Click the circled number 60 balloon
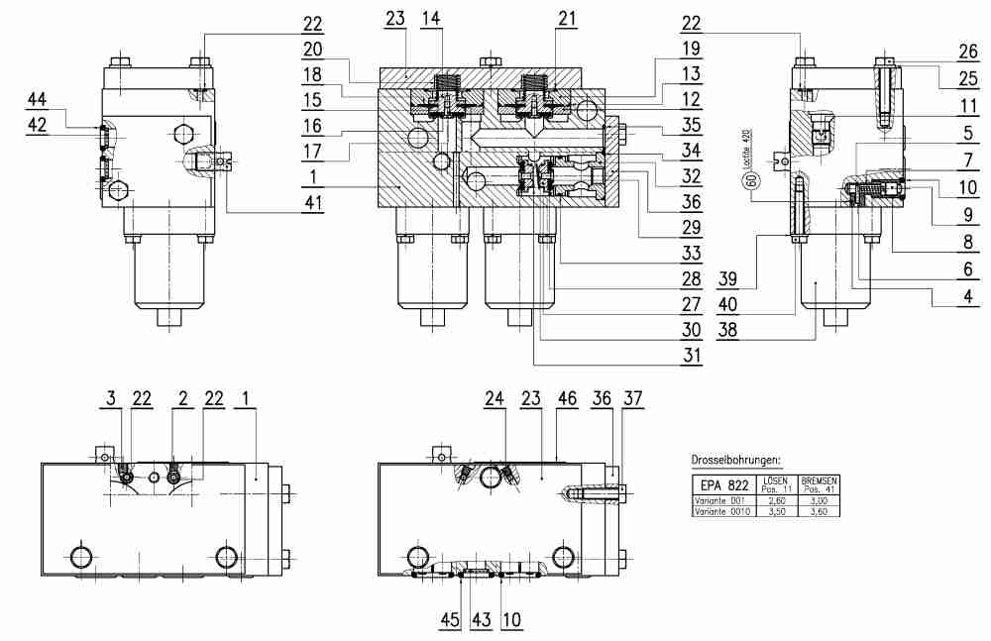click(751, 179)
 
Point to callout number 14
click(432, 19)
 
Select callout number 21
click(566, 19)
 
